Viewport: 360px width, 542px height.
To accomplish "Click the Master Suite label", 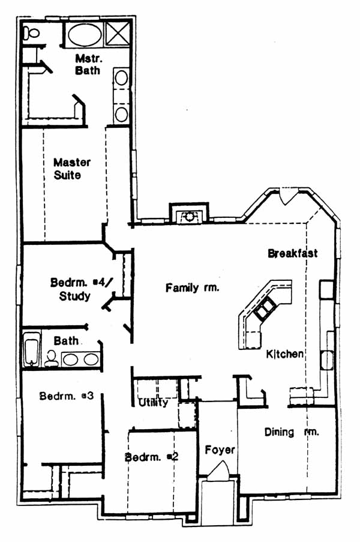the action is (x=72, y=168).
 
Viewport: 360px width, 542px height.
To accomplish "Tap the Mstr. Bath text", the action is (x=88, y=64).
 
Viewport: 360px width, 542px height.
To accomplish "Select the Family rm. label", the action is (x=192, y=288).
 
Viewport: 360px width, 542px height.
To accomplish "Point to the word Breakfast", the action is (x=293, y=253).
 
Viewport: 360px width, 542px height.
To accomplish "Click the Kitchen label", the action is (x=285, y=354).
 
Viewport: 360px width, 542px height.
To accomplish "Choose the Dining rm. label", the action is (x=292, y=432).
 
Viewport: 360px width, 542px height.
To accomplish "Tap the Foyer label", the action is (x=220, y=450).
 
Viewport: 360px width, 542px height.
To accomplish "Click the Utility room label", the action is (x=154, y=402).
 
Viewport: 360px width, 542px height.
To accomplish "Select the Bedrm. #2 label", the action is (x=152, y=457).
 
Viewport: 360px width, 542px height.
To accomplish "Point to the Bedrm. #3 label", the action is (x=67, y=396).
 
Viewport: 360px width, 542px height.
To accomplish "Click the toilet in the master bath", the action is (x=31, y=33).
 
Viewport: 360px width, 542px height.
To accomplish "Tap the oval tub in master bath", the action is (x=85, y=35).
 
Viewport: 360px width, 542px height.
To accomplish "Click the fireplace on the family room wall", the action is (x=188, y=214).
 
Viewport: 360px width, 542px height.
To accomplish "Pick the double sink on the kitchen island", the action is (x=265, y=307).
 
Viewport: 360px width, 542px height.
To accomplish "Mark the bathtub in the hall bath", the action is (x=31, y=349).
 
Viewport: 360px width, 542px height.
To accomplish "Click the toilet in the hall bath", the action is (x=52, y=358).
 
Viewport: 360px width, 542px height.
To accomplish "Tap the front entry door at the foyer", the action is (x=218, y=470).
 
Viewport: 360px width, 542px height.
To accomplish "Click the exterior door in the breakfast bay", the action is (x=288, y=196).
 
